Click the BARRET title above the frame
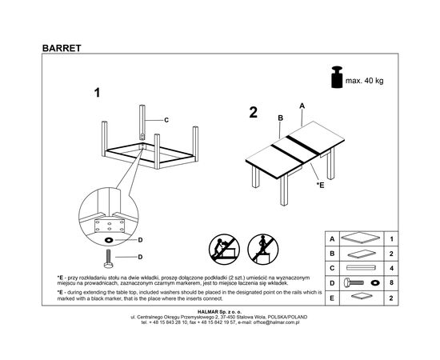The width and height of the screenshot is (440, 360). pyautogui.click(x=62, y=48)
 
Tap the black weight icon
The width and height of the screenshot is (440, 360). pyautogui.click(x=337, y=77)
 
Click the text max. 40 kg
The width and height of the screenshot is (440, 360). pyautogui.click(x=364, y=81)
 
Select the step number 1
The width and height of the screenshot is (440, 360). pyautogui.click(x=97, y=93)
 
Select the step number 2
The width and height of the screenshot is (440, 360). pyautogui.click(x=253, y=113)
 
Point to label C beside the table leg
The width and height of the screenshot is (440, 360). pyautogui.click(x=166, y=120)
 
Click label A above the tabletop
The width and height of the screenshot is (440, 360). pyautogui.click(x=302, y=106)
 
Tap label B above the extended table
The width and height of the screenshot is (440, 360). pyautogui.click(x=280, y=118)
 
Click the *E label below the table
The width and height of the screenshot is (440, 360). pyautogui.click(x=321, y=185)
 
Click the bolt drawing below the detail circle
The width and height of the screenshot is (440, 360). pyautogui.click(x=109, y=258)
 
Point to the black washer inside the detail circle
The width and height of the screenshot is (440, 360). pyautogui.click(x=109, y=240)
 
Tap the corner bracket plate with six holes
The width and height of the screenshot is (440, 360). pyautogui.click(x=110, y=226)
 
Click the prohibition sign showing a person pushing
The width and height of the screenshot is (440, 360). pyautogui.click(x=224, y=249)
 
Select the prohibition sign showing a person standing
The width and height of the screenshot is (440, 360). pyautogui.click(x=263, y=249)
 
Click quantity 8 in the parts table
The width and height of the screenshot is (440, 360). pyautogui.click(x=391, y=282)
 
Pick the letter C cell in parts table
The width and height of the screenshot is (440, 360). pyautogui.click(x=332, y=268)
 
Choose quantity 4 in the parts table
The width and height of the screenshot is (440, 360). pyautogui.click(x=391, y=268)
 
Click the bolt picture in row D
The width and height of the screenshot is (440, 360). pyautogui.click(x=354, y=282)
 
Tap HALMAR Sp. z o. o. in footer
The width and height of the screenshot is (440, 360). pyautogui.click(x=219, y=311)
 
